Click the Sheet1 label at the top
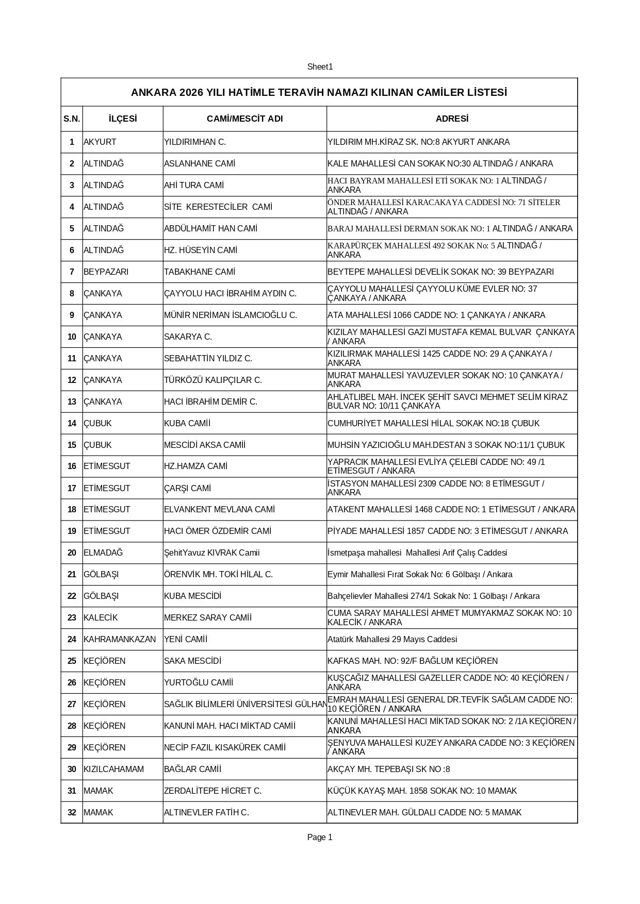(320, 67)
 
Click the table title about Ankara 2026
(319, 93)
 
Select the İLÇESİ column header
(123, 119)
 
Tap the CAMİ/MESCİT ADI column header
(244, 119)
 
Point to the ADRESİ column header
(452, 119)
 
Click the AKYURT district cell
(100, 142)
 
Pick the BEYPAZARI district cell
(106, 272)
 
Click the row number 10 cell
(72, 337)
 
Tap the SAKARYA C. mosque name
(188, 337)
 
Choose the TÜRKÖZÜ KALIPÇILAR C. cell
(213, 380)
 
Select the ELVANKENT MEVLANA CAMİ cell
(219, 510)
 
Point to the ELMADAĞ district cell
(103, 553)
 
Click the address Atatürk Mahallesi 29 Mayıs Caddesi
(392, 640)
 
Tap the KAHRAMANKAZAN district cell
(120, 640)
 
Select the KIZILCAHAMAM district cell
(113, 769)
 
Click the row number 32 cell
(72, 813)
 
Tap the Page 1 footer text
(320, 838)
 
